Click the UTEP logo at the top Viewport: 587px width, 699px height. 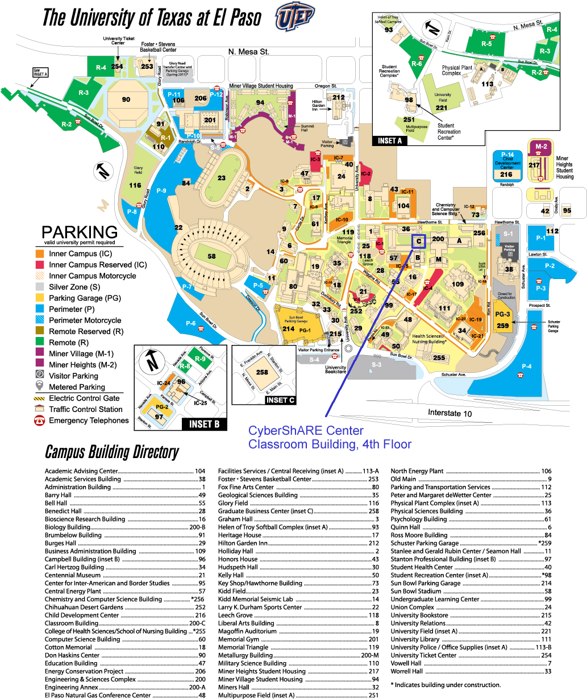click(x=295, y=18)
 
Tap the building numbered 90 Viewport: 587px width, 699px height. click(x=126, y=99)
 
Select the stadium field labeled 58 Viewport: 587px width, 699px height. click(x=211, y=256)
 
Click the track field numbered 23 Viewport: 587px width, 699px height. click(x=222, y=178)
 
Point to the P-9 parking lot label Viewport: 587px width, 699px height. click(x=160, y=191)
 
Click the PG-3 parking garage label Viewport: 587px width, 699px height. click(x=502, y=314)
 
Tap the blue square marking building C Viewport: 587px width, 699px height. click(x=418, y=242)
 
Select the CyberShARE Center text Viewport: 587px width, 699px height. click(x=306, y=430)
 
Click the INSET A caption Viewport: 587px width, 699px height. click(x=390, y=140)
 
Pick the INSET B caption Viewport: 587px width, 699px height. click(x=205, y=424)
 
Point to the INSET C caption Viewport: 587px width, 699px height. click(x=281, y=400)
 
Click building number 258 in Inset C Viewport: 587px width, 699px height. click(x=262, y=372)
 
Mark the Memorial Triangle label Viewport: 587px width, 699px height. click(x=344, y=239)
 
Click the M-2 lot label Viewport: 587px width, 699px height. click(x=541, y=146)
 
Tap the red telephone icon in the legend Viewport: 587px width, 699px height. click(x=40, y=421)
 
